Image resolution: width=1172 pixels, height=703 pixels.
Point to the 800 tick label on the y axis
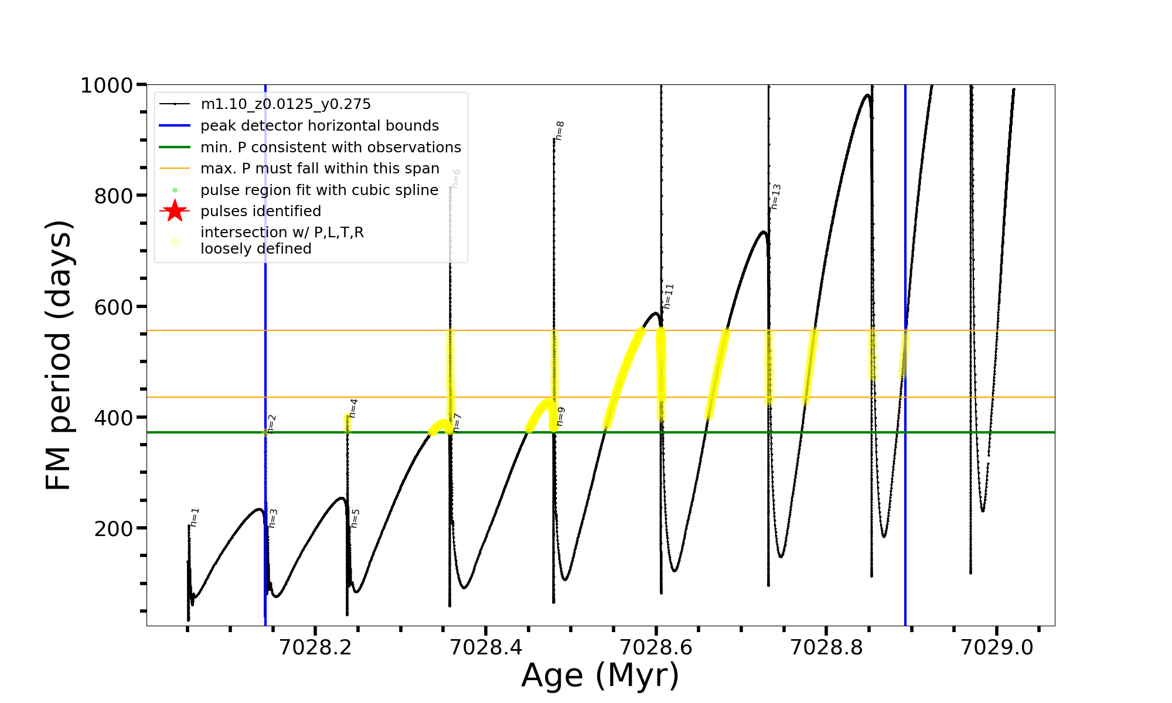[114, 196]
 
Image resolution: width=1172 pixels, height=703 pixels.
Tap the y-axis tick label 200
[114, 529]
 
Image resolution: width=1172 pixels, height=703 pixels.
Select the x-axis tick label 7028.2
[315, 647]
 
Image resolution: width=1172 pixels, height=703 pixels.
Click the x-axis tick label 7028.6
[656, 647]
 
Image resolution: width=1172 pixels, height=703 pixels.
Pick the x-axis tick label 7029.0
[997, 647]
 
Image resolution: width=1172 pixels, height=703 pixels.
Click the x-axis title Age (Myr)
[600, 675]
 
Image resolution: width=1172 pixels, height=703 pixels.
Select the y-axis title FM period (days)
[59, 355]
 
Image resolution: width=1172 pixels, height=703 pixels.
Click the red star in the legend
[175, 211]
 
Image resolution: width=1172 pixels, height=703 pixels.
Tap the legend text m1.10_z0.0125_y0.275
[285, 104]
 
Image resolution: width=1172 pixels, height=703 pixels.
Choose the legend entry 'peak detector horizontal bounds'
[319, 126]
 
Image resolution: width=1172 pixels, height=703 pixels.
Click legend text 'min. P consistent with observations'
[331, 147]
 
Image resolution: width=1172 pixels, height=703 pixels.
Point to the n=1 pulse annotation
[195, 517]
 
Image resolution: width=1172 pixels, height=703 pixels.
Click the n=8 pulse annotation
[560, 131]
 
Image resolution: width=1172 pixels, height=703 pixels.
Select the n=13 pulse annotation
[776, 196]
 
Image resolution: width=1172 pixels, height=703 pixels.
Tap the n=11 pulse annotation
[669, 296]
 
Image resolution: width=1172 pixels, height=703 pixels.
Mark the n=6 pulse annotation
[456, 179]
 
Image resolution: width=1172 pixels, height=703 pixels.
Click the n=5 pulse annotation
[355, 518]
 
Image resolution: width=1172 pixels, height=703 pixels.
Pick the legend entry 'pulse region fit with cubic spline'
[319, 190]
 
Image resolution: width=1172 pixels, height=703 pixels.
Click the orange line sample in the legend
[175, 169]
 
